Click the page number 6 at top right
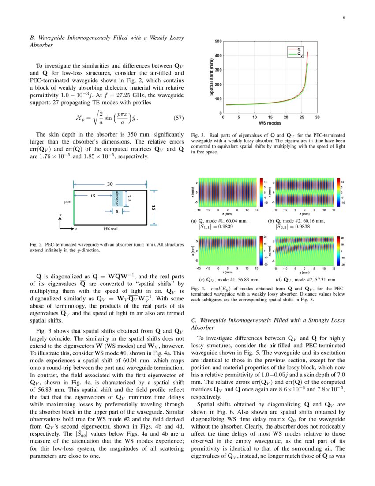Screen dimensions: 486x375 click(x=343, y=18)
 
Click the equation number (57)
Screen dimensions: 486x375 click(x=176, y=118)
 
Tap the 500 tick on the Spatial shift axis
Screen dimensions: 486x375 click(x=218, y=42)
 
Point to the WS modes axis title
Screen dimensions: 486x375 click(x=270, y=122)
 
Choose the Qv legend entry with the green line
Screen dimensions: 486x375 click(x=300, y=55)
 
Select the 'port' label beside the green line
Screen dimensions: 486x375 click(x=67, y=202)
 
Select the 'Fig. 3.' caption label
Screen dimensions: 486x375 click(x=197, y=135)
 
